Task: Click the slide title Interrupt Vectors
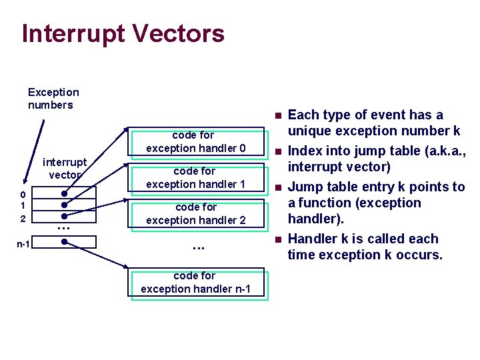pyautogui.click(x=123, y=33)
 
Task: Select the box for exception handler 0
pyautogui.click(x=196, y=141)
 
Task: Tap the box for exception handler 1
pyautogui.click(x=196, y=177)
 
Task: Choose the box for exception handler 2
pyautogui.click(x=196, y=213)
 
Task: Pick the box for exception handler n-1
pyautogui.click(x=196, y=282)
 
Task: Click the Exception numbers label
pyautogui.click(x=53, y=99)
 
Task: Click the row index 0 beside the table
pyautogui.click(x=23, y=195)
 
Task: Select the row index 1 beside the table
pyautogui.click(x=23, y=205)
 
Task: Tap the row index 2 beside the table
pyautogui.click(x=23, y=219)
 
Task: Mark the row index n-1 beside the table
pyautogui.click(x=23, y=244)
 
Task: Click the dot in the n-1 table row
pyautogui.click(x=64, y=242)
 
